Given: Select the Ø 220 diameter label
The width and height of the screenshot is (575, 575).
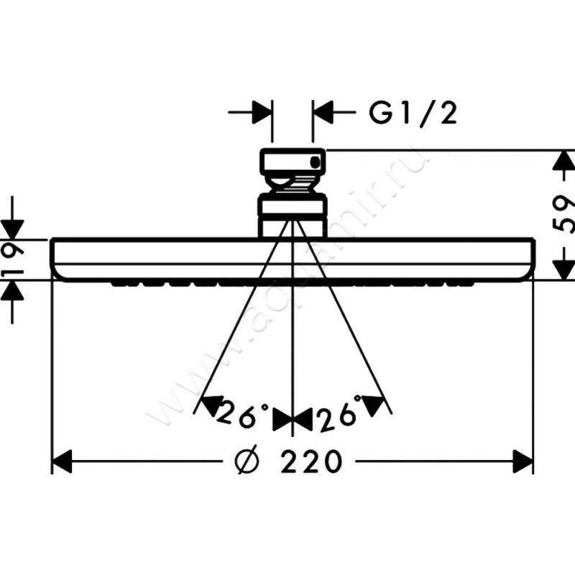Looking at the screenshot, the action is pos(289,461).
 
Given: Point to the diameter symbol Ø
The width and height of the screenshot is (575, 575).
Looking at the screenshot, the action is pos(247,461).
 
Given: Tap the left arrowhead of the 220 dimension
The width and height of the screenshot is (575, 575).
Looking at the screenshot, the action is pos(61,461).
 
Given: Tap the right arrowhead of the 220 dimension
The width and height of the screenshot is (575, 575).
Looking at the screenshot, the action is pos(523,461).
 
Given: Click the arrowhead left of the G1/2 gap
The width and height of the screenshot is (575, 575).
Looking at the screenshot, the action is pos(262,112).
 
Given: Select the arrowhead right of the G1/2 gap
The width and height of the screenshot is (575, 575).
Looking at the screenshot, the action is pos(323,112).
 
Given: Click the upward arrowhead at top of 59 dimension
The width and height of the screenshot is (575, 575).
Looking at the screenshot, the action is pos(563,160).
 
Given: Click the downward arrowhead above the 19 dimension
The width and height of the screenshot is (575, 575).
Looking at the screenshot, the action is pos(12,229).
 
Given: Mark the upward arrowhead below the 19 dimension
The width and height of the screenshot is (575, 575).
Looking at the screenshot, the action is pos(12,290).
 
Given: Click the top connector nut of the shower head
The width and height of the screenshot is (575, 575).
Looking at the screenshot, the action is pos(293,161).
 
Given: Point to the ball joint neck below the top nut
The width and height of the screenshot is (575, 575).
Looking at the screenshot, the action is pos(293,184).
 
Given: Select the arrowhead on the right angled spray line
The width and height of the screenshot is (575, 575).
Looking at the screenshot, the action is pos(373,405).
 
